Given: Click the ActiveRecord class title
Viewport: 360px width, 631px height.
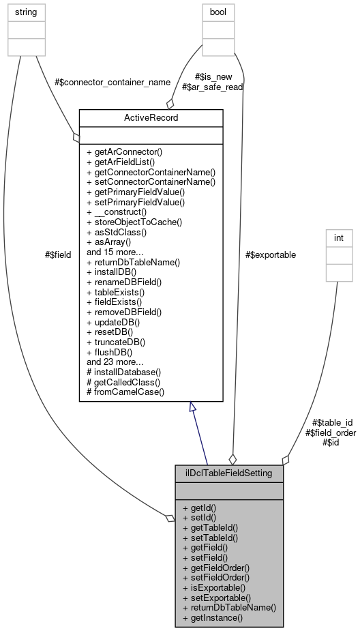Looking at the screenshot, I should click(x=151, y=118).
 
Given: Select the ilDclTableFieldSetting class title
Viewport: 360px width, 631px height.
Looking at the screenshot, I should click(x=228, y=473).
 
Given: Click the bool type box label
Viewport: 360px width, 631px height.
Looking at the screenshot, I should click(x=218, y=12).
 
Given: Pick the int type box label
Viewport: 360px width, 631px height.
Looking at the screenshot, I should click(x=339, y=237).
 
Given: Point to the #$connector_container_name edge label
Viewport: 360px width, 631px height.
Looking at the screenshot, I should click(x=112, y=82).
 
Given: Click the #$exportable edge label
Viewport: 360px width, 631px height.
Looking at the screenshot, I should click(x=271, y=254).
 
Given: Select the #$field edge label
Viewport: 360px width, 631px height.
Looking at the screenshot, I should click(x=57, y=255).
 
